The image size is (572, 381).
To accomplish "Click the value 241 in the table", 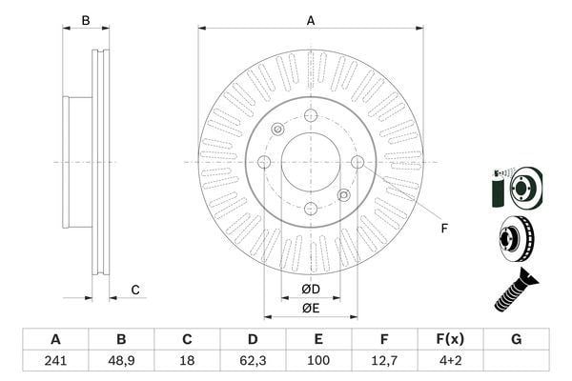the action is pos(55,361).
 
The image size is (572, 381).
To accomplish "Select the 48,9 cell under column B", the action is pos(121,361).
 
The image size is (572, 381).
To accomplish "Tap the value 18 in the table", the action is pos(187,361).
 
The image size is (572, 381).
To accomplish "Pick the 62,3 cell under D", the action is pos(253,361).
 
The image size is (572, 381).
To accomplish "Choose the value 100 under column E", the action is pos(318,361).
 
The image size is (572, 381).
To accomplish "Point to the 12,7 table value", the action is pos(384,361).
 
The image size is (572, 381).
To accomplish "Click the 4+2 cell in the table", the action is pos(451,361).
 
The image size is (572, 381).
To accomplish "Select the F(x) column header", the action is pos(450,339).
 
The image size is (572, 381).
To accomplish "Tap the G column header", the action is pos(516,339).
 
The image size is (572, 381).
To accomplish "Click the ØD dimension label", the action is pos(311,290).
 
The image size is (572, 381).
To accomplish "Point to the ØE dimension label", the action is pos(311,309).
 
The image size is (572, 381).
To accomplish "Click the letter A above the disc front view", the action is pos(311,21).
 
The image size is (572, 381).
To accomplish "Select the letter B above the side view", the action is pos(86,20).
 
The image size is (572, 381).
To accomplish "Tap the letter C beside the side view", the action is pos(135,290).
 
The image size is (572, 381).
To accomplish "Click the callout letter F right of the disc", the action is pos(444,229).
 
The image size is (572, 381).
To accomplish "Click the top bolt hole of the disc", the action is pos(311,115).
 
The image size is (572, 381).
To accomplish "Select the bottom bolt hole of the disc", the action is pos(311,209).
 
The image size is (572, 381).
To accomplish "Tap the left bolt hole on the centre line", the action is pos(264,162).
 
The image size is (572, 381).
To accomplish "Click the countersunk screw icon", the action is pos(516,290).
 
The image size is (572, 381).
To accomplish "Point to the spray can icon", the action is pos(497,189).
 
